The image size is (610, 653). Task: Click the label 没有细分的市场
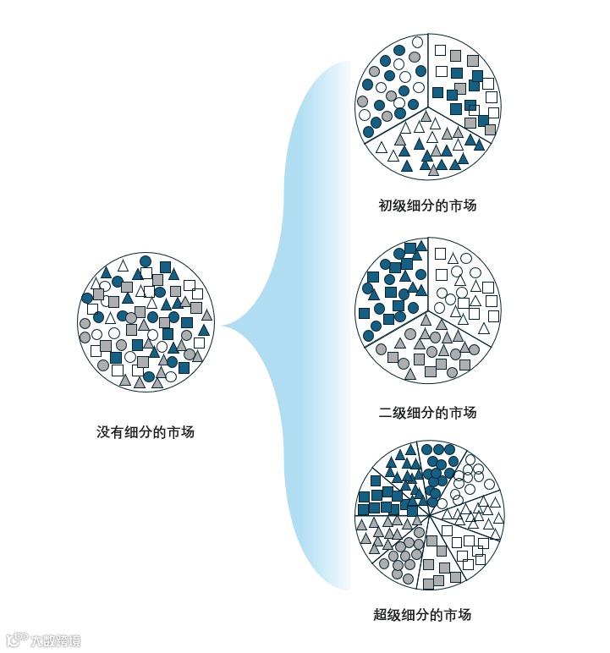pyautogui.click(x=146, y=432)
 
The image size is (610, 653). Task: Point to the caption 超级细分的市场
pyautogui.click(x=422, y=615)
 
